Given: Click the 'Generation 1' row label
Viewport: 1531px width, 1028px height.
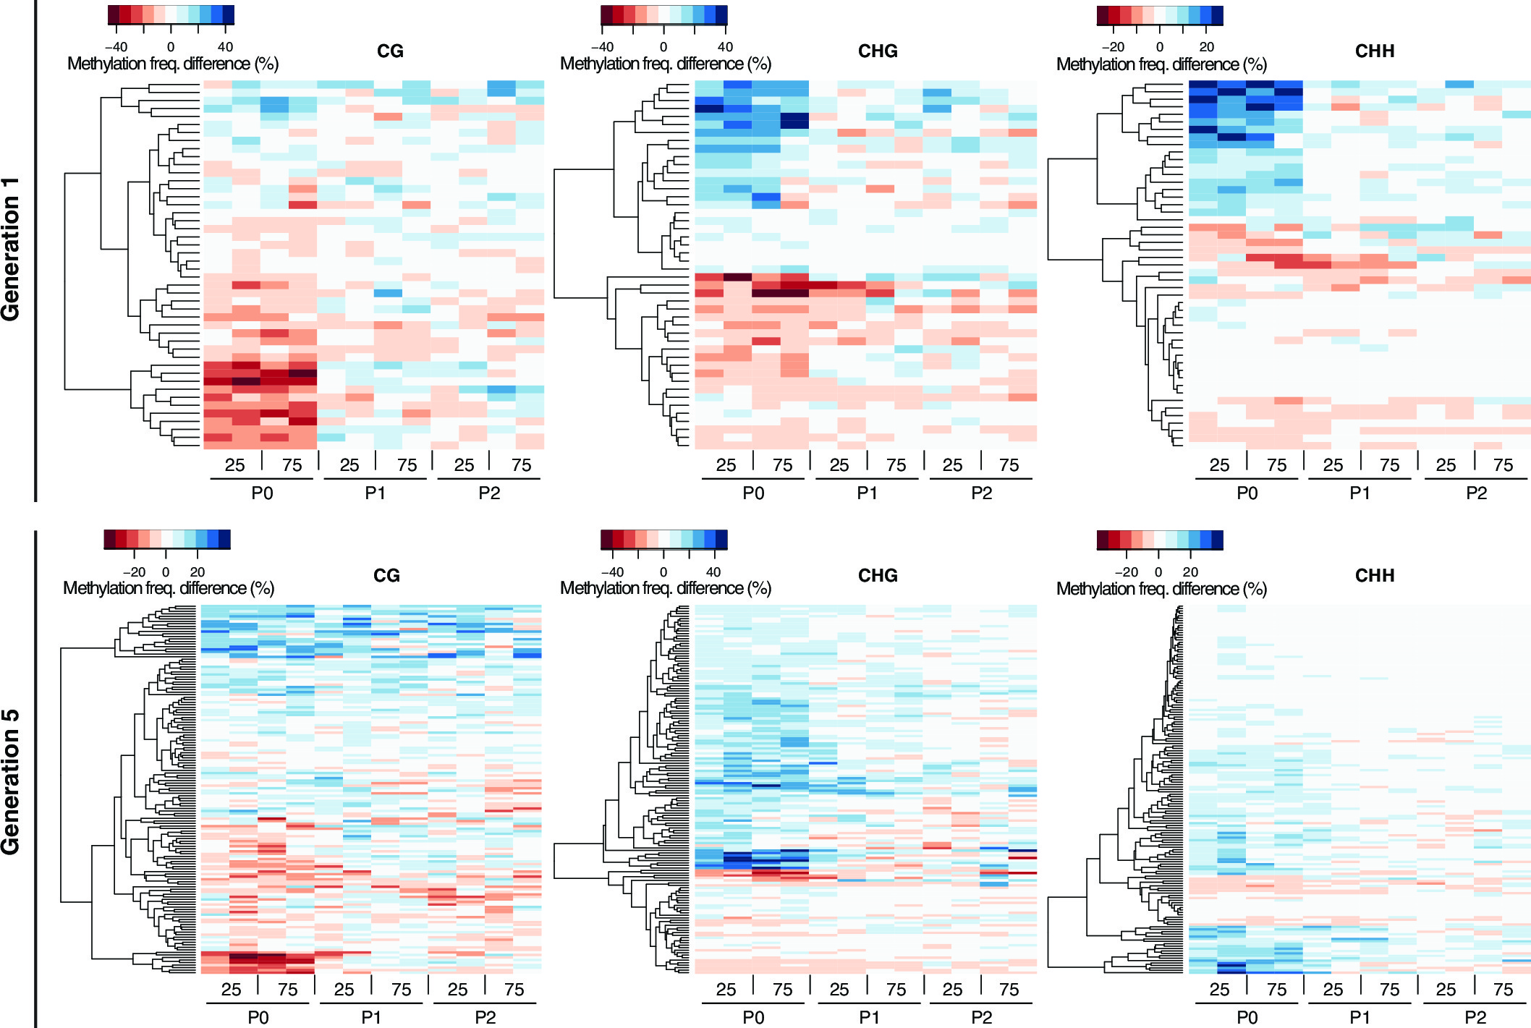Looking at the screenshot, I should coord(11,249).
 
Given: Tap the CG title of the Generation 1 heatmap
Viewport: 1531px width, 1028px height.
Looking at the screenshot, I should coord(390,51).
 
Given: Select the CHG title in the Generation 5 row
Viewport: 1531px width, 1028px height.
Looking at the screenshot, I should coord(878,576).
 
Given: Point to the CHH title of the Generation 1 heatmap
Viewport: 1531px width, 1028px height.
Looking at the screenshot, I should coord(1374,51).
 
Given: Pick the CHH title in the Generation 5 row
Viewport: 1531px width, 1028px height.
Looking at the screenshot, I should coord(1374,576).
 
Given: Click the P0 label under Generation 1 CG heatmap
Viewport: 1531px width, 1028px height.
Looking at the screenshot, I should coord(262,493).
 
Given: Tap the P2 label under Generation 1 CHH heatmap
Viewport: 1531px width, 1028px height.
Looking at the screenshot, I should coord(1476,493).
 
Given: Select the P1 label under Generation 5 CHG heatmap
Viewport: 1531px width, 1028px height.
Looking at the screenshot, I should coord(869,1017).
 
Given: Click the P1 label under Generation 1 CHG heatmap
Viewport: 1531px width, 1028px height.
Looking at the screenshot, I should coord(867,493).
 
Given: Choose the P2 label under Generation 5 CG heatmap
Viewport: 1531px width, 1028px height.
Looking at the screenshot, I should coord(485,1017).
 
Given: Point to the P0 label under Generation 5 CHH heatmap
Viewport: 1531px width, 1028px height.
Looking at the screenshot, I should coord(1247,1017).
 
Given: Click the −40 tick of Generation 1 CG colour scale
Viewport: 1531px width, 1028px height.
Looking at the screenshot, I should coord(116,47).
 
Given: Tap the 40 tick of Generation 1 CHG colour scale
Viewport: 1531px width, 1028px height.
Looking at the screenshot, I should coord(725,47).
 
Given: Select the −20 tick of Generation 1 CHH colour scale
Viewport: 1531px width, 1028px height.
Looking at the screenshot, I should coord(1113,47).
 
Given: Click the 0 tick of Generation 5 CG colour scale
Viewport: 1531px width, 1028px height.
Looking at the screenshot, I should coord(166,572).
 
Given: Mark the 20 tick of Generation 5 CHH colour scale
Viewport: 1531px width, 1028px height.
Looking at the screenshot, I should coord(1190,572).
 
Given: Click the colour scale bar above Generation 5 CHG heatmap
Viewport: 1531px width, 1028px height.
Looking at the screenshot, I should coord(663,540).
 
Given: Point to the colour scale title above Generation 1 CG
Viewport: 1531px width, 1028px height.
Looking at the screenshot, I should coord(173,64).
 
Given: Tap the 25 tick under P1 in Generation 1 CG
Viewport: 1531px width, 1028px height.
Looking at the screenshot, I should coord(349,465).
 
